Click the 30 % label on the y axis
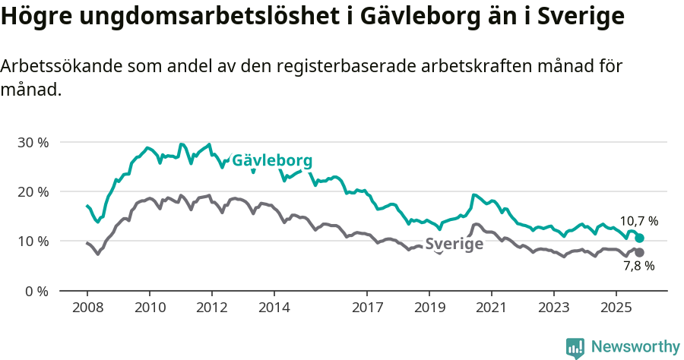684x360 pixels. (33, 142)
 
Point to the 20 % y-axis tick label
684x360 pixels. (33, 191)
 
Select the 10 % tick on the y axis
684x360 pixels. (33, 241)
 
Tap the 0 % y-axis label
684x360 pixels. (36, 291)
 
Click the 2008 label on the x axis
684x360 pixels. (87, 308)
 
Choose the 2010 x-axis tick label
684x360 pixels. (150, 308)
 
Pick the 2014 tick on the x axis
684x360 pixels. (274, 308)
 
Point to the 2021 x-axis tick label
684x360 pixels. (491, 308)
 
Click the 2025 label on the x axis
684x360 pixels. (615, 308)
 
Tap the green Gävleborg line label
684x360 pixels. (272, 161)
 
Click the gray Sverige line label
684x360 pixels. (454, 244)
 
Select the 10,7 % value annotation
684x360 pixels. (638, 221)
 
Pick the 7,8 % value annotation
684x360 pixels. (638, 266)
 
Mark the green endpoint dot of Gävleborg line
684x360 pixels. (639, 238)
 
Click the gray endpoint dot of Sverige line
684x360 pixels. (639, 252)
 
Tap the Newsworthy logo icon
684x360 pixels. (575, 347)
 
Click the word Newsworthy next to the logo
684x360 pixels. (635, 347)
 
